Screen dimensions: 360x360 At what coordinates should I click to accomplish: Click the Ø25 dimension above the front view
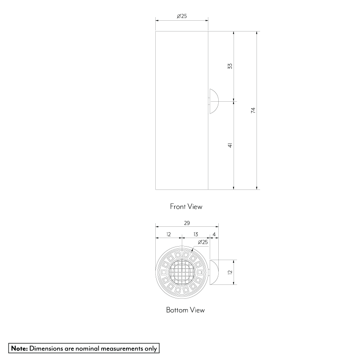tap(182, 16)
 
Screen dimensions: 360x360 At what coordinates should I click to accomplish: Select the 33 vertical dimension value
tap(230, 66)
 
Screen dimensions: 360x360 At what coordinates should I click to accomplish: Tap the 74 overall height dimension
tap(253, 110)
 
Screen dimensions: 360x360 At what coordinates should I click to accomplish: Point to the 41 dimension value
tap(230, 145)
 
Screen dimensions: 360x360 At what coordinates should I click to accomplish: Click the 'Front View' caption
tap(186, 207)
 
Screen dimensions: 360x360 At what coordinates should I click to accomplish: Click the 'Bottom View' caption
tap(185, 310)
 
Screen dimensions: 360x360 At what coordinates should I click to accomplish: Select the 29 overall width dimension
tap(187, 223)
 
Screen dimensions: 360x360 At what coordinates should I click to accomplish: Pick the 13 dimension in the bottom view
tap(196, 234)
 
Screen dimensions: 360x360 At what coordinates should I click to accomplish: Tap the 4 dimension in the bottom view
tap(214, 234)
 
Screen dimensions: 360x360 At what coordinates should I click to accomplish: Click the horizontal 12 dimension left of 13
tap(168, 234)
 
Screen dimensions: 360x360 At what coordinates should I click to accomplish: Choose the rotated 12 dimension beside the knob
tap(229, 272)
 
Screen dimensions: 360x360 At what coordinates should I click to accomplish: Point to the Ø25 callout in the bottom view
tap(202, 242)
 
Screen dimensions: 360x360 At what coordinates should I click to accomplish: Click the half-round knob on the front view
tap(213, 101)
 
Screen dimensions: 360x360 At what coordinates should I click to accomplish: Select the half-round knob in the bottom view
tap(213, 272)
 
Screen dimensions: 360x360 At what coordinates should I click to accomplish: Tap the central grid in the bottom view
tap(182, 272)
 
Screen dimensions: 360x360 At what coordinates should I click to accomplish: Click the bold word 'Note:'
tap(19, 348)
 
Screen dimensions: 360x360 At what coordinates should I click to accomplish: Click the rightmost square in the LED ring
tap(200, 272)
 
